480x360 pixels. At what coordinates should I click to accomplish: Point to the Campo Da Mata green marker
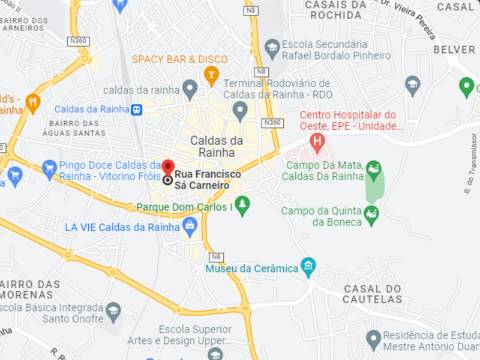coord(373,168)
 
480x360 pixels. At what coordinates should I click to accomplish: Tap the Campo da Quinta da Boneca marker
coord(372,213)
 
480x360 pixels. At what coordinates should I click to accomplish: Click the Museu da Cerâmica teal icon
coord(308,267)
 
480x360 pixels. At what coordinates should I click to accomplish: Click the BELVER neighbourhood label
coord(455,48)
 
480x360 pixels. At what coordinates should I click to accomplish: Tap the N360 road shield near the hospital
coord(271,122)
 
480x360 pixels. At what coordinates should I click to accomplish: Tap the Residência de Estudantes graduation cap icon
coord(373,337)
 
